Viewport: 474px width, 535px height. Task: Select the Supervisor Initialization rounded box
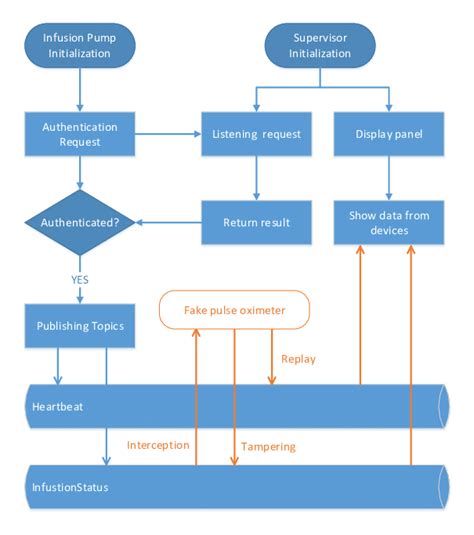(320, 46)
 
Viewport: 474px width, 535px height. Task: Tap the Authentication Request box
(78, 134)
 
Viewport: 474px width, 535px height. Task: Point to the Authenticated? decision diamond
(78, 222)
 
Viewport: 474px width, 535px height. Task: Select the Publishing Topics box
(78, 327)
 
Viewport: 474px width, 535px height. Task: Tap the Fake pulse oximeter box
(235, 310)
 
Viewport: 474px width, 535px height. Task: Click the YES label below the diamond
(78, 280)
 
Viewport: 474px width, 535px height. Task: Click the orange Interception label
(157, 443)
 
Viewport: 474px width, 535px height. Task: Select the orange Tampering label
(268, 446)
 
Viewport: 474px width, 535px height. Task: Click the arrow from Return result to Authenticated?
(168, 222)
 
